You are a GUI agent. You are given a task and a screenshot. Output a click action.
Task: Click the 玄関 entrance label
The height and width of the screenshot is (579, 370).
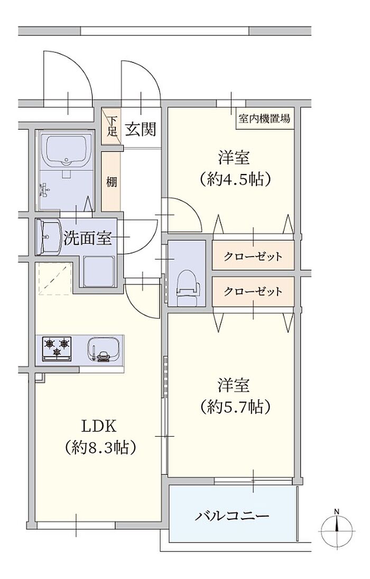tap(141, 129)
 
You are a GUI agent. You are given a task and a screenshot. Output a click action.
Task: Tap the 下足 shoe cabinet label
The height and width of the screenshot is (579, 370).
tap(112, 126)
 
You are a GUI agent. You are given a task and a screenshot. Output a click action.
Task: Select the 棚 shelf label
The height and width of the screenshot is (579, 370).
tap(112, 182)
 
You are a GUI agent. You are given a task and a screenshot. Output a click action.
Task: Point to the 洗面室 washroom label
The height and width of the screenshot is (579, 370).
tap(88, 238)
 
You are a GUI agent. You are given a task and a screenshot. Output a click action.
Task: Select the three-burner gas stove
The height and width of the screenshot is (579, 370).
tap(57, 348)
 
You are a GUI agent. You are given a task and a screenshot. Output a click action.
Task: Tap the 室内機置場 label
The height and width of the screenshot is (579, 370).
tap(264, 118)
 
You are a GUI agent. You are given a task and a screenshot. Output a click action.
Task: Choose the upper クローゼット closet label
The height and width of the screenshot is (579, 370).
tap(253, 256)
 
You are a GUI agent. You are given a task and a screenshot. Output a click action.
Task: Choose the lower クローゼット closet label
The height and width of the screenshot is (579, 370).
tap(253, 292)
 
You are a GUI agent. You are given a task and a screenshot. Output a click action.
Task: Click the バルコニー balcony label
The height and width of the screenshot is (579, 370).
tap(232, 515)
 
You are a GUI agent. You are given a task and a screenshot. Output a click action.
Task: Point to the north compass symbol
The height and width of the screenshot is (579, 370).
tap(337, 528)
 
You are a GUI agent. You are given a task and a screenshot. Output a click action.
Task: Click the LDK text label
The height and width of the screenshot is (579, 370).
tap(99, 427)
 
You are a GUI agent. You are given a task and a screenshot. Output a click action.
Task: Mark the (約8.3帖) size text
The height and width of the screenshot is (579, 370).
tap(100, 447)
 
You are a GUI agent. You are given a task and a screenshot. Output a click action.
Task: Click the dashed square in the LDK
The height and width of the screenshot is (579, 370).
tap(54, 279)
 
